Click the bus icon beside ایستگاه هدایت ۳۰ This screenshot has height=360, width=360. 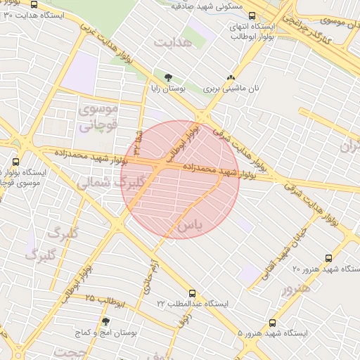35,6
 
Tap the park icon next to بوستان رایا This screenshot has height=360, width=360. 168,77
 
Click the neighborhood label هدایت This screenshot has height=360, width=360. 173,43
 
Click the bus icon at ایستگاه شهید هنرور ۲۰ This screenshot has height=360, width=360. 329,259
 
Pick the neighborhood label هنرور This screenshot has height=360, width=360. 296,288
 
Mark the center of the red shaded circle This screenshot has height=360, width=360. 181,180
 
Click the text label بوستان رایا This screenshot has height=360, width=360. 168,89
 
